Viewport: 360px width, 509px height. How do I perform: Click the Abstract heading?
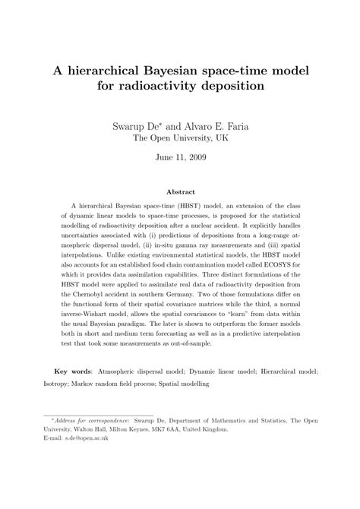pos(180,193)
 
